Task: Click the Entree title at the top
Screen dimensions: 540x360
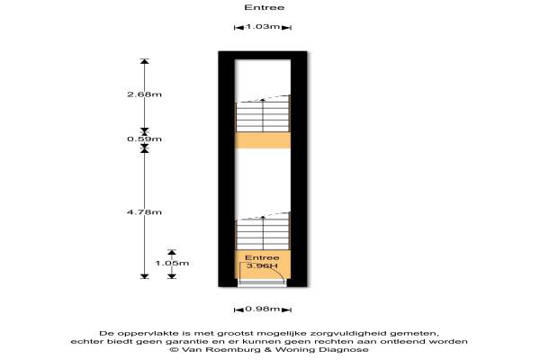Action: pos(265,7)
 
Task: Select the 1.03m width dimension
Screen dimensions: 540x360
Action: pos(263,26)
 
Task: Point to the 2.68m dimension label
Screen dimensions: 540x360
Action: pos(144,94)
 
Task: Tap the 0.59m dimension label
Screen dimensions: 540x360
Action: pos(144,139)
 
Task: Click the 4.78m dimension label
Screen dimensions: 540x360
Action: pos(144,212)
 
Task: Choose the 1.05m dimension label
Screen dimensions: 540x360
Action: pos(172,263)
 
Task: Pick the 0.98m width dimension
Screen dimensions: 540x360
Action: pos(263,309)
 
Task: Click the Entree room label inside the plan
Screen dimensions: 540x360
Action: pos(262,257)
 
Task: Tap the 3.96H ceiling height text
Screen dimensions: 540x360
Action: pos(262,266)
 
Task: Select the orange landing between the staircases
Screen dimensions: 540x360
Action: pos(263,140)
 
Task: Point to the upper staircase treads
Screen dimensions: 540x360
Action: pos(263,116)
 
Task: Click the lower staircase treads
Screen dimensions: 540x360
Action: pos(263,235)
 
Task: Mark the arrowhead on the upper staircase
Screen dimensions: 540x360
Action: pos(263,100)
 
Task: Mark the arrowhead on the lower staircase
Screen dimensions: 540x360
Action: pos(263,218)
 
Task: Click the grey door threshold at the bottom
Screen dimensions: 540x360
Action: pos(263,283)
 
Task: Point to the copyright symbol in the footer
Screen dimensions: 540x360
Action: pos(175,350)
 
